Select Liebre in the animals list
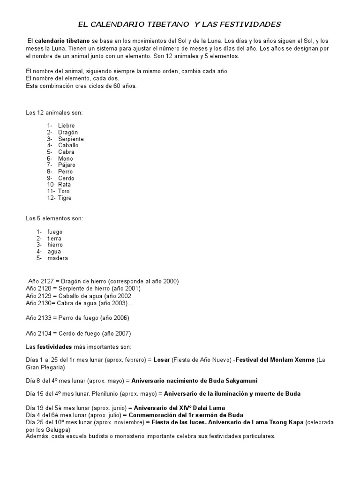[x=66, y=126]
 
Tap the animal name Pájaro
[x=67, y=165]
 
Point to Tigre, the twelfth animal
[x=65, y=198]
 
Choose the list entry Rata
[x=65, y=185]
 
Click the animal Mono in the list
[x=66, y=158]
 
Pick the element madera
[x=57, y=258]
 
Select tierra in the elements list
[x=54, y=238]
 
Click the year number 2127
[x=45, y=281]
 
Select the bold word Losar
[x=161, y=360]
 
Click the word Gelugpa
[x=56, y=429]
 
